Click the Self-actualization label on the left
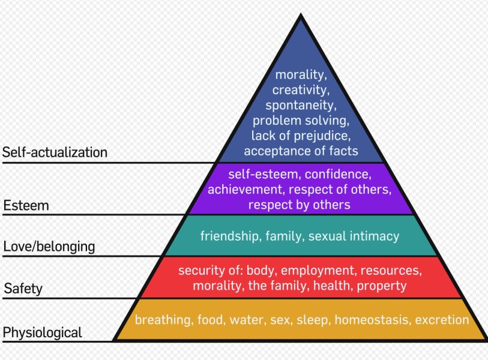(x=55, y=152)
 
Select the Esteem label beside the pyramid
(x=26, y=206)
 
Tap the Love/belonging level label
(x=49, y=247)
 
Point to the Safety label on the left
(x=23, y=289)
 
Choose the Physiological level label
(x=43, y=332)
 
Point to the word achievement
(x=246, y=190)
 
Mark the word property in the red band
(x=382, y=286)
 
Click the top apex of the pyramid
(x=301, y=14)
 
